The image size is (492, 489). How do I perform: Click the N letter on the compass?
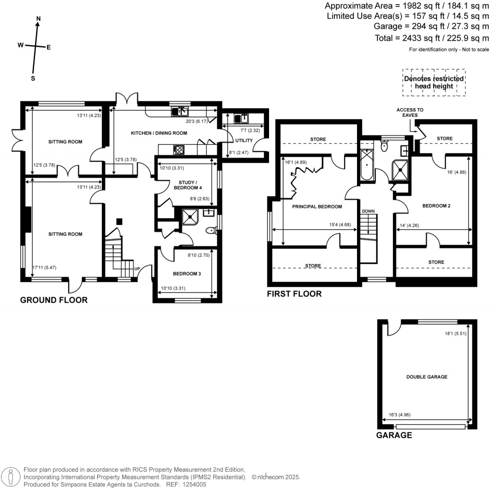38,19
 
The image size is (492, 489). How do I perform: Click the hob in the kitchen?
179,149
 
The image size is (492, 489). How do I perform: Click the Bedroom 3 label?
186,274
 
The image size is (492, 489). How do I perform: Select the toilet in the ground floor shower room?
210,231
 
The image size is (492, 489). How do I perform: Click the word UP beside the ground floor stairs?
137,269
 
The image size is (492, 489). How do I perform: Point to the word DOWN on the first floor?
368,211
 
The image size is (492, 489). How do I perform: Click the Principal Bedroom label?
317,207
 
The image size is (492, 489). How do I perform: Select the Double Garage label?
427,377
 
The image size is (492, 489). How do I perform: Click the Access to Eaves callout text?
410,112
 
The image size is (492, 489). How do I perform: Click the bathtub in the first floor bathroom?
367,165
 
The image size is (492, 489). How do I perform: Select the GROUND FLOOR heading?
54,300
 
